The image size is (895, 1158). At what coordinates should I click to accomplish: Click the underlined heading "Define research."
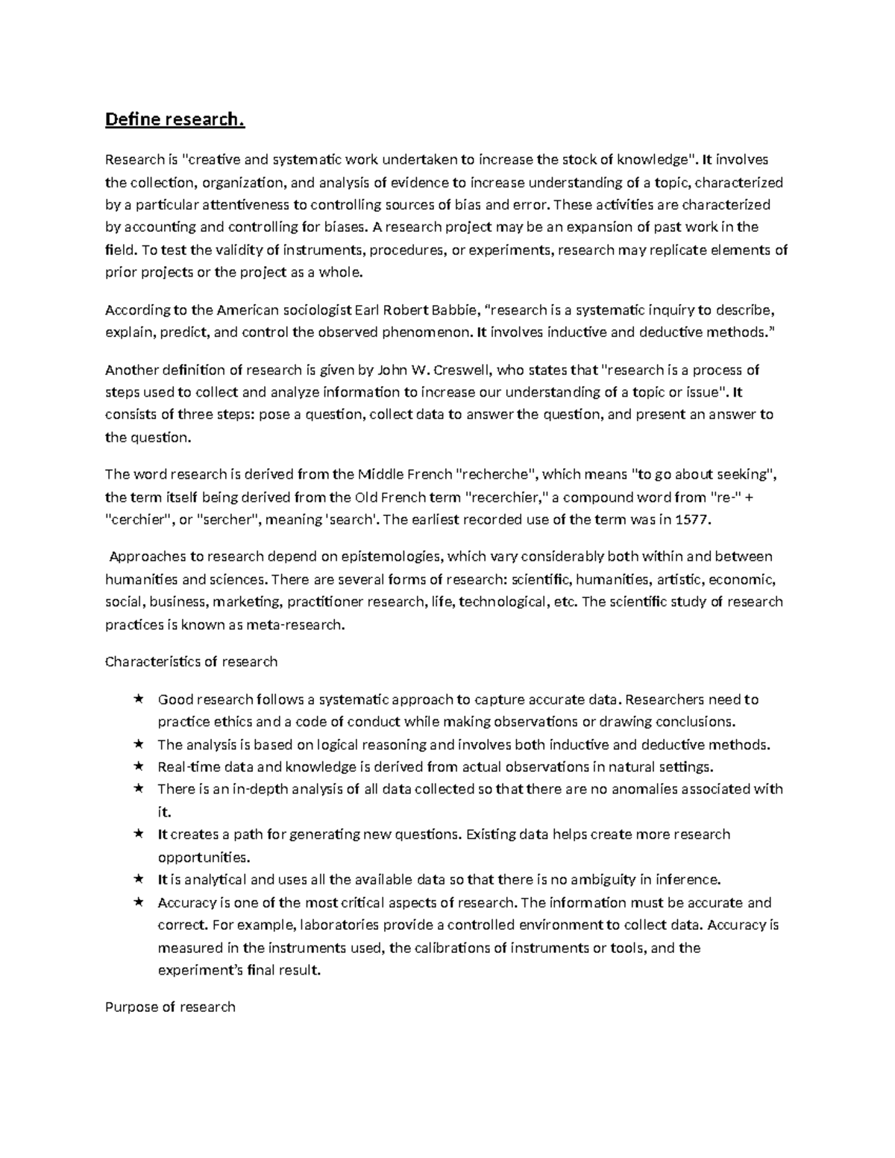point(175,119)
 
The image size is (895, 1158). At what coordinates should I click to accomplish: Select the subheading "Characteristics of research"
point(191,661)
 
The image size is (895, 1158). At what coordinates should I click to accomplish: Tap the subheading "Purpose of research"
point(170,1007)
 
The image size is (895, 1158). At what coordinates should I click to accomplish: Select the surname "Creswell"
point(451,370)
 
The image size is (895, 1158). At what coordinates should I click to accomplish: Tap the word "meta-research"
point(303,625)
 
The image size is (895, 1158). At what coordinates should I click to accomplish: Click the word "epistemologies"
point(392,556)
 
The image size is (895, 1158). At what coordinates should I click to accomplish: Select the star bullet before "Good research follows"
point(139,699)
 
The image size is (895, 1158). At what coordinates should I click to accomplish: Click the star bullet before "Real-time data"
point(139,767)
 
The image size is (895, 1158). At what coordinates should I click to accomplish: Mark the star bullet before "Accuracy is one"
point(139,902)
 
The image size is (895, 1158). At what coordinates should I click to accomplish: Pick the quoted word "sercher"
point(229,520)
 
